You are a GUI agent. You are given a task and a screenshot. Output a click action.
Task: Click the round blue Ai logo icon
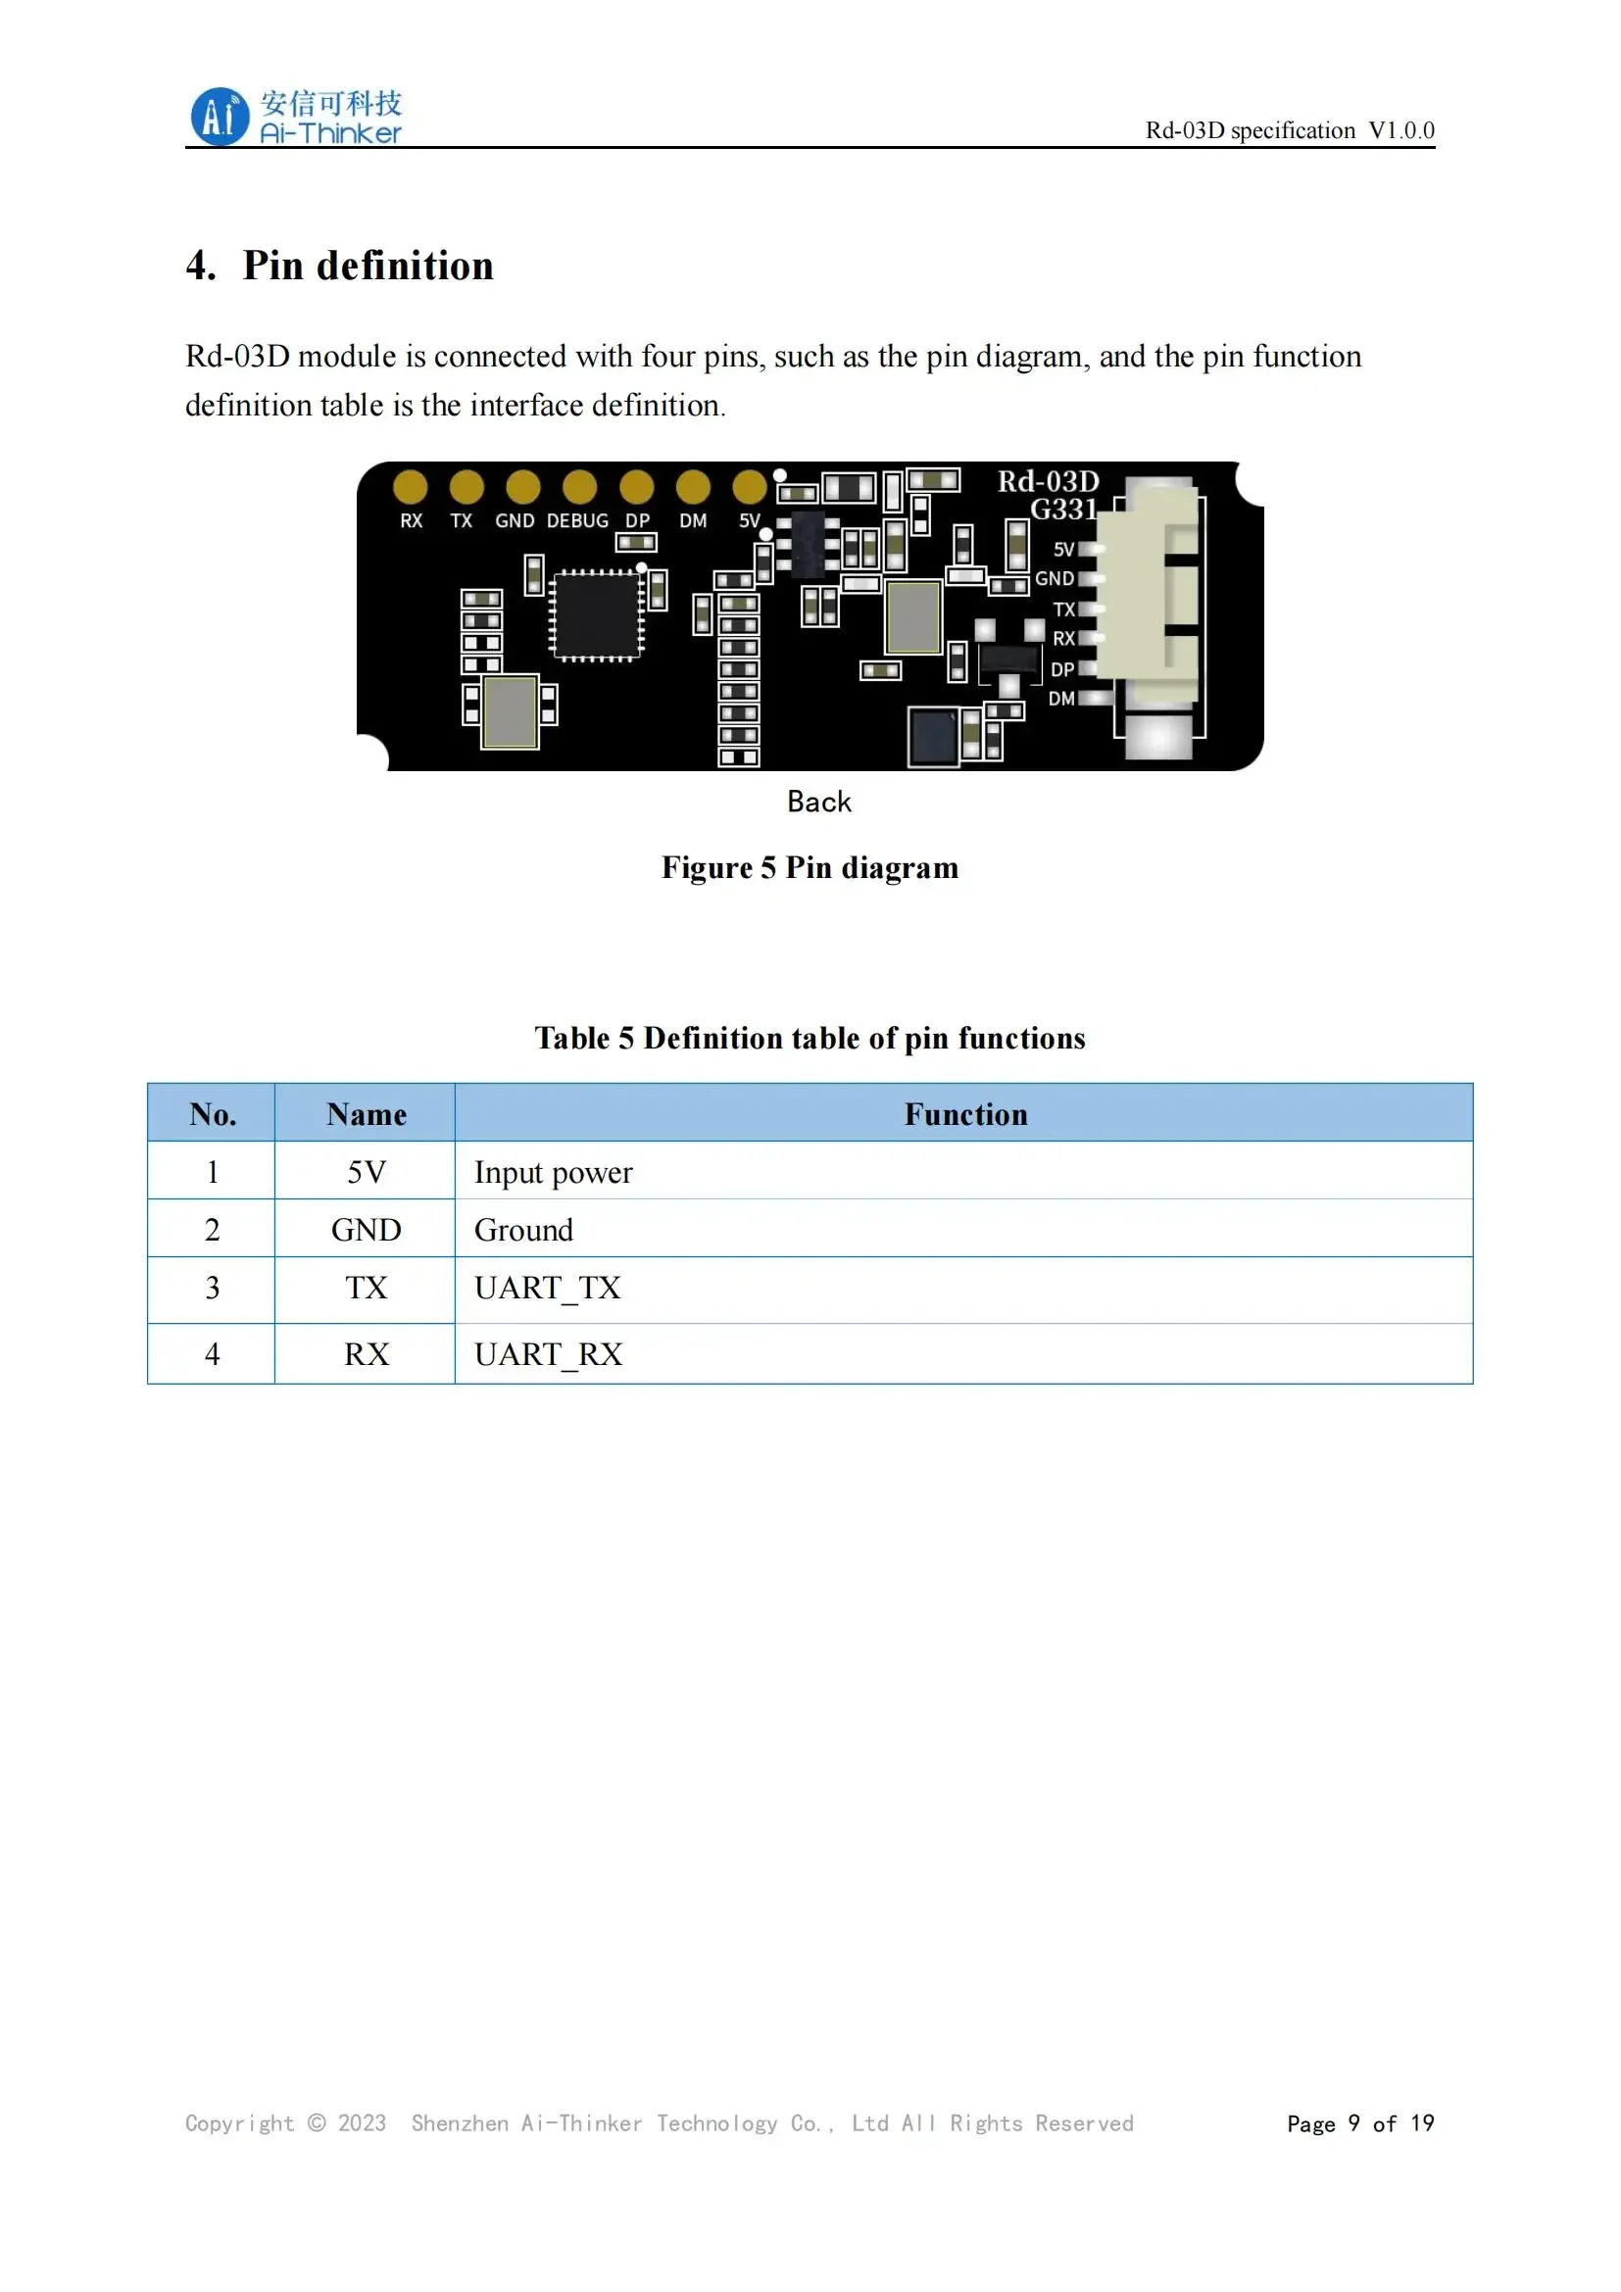(x=219, y=117)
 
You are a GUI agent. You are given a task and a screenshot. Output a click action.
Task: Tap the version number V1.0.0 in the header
(x=1400, y=130)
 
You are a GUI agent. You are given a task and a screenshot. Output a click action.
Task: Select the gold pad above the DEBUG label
(x=579, y=487)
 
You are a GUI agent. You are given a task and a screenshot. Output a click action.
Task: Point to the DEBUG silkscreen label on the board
(x=577, y=521)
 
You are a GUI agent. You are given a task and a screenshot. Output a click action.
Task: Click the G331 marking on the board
(x=1063, y=511)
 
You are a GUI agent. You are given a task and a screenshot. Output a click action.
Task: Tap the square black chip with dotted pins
(x=597, y=616)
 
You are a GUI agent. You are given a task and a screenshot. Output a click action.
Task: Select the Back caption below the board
(x=818, y=802)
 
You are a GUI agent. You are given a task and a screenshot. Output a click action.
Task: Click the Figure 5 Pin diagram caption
(x=810, y=867)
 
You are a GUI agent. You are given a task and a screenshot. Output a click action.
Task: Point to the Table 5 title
(x=810, y=1038)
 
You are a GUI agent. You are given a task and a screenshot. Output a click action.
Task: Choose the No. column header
(x=213, y=1114)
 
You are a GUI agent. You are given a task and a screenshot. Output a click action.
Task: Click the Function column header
(x=965, y=1114)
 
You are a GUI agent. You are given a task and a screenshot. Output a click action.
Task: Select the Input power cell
(x=553, y=1172)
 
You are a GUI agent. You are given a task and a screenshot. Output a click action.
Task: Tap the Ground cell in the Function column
(x=523, y=1230)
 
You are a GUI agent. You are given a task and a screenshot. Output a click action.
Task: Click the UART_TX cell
(x=547, y=1289)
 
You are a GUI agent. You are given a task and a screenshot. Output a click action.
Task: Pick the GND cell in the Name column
(x=367, y=1230)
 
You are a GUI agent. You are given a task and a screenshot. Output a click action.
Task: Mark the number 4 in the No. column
(x=213, y=1354)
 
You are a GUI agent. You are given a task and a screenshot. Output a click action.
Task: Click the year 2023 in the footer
(x=362, y=2123)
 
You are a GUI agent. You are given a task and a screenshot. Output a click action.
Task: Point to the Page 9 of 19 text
(x=1359, y=2123)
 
